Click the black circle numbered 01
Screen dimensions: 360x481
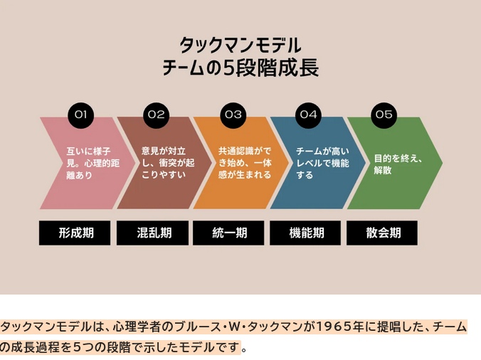[80, 114]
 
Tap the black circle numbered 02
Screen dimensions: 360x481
[157, 114]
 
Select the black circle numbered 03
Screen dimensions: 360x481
[233, 114]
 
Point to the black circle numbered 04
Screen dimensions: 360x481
[308, 114]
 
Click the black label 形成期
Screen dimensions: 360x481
[75, 233]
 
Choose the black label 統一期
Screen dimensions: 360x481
[228, 233]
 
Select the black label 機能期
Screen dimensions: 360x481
[305, 233]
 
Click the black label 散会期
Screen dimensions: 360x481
[382, 233]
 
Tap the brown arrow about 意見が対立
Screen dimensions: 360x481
[156, 163]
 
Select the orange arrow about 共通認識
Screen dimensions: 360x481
[233, 163]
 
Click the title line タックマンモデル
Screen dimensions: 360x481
[240, 44]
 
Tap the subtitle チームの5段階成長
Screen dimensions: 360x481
[240, 68]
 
